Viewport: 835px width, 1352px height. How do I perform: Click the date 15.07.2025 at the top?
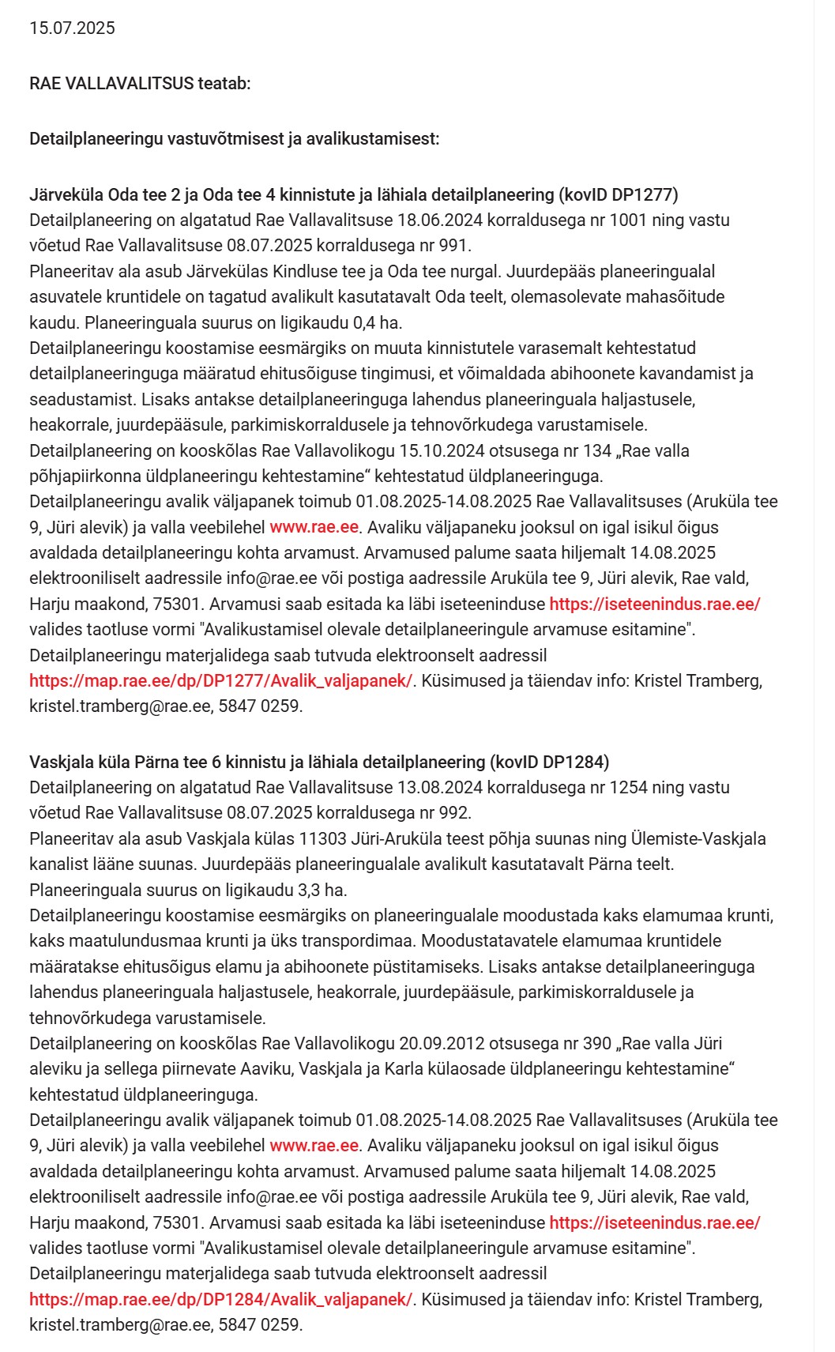[x=72, y=28]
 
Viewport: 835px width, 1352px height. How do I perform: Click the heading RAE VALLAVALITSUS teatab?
[x=140, y=83]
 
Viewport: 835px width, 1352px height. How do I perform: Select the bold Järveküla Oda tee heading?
[x=353, y=194]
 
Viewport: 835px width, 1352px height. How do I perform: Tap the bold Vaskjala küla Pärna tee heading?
[x=318, y=762]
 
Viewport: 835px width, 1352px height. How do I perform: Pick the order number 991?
[x=453, y=245]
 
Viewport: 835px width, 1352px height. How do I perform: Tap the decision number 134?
[x=597, y=450]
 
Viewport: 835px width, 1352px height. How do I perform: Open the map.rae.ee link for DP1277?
[x=220, y=680]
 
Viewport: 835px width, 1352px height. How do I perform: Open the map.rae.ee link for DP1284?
[x=220, y=1299]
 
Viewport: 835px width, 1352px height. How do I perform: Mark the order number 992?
[x=454, y=812]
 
